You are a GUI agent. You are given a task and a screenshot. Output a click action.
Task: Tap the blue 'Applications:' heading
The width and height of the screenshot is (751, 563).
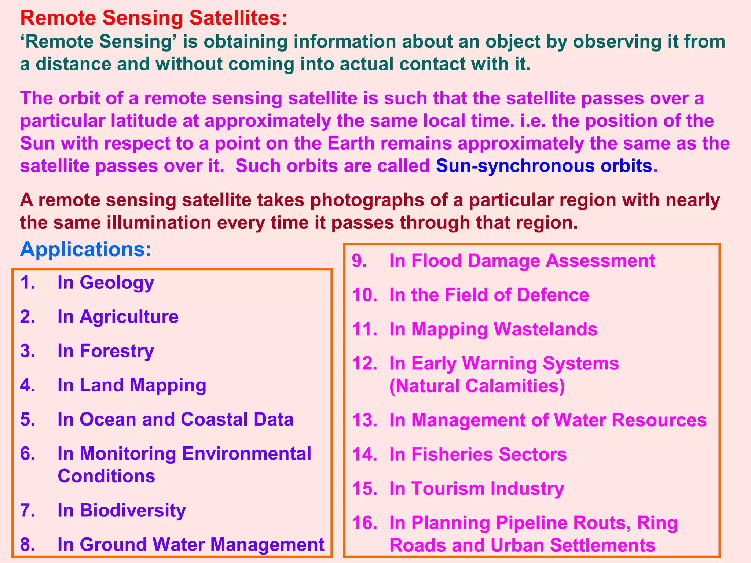pos(85,250)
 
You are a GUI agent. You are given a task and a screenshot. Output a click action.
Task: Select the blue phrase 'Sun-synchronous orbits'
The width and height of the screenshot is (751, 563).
pos(544,166)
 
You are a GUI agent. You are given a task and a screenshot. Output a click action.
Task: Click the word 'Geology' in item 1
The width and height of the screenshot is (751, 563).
pos(117,283)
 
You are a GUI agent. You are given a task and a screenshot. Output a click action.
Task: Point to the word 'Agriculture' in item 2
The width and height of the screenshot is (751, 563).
pos(129,317)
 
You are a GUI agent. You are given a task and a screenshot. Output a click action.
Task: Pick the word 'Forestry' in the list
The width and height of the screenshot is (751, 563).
pos(117,351)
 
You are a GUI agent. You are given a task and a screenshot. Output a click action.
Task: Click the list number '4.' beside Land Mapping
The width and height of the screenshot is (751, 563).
pos(28,385)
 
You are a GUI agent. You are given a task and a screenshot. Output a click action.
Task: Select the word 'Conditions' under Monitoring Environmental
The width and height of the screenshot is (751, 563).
pos(106,476)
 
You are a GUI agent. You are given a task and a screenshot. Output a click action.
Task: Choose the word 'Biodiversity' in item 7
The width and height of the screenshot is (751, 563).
pos(132,510)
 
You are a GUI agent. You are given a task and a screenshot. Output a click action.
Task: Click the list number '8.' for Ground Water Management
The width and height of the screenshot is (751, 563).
pos(28,544)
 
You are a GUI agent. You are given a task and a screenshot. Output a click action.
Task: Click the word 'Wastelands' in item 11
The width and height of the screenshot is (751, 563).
pos(545,329)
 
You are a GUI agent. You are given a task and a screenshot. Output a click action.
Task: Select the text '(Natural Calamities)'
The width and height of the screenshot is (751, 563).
pos(477,386)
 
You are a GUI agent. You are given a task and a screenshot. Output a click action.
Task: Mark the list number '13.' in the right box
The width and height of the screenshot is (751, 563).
pos(364,420)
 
